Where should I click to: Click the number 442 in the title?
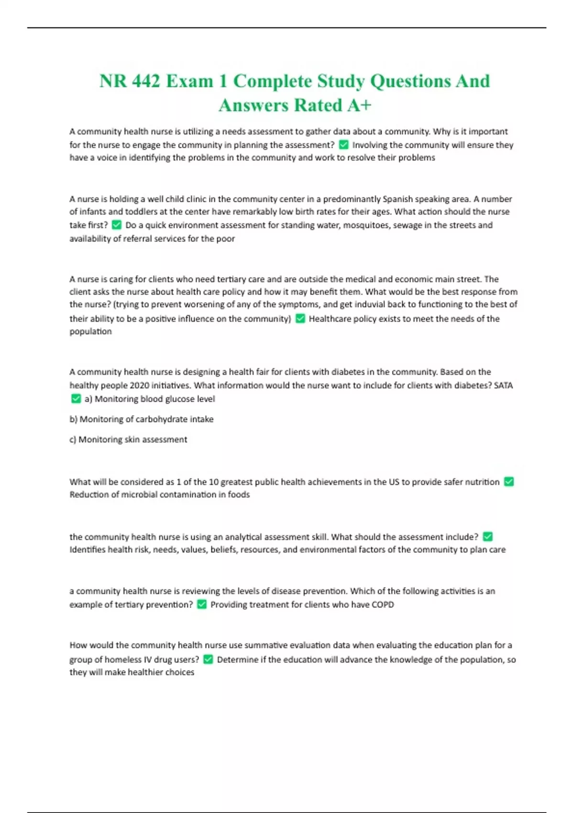145,81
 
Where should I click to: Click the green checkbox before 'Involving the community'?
343,144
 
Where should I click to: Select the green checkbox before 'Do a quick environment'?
117,225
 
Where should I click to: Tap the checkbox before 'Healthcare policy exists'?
300,319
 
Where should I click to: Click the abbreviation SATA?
503,385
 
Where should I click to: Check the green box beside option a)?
76,398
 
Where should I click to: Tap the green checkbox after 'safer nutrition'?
509,482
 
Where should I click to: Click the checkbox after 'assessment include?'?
488,537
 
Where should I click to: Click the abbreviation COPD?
383,604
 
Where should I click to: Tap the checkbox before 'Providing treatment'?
202,604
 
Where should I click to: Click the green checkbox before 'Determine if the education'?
208,659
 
